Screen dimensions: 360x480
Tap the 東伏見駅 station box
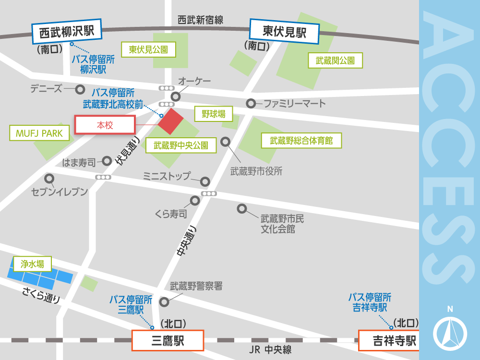click(x=285, y=32)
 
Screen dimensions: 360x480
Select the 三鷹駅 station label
click(x=168, y=341)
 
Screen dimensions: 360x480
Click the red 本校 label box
click(x=105, y=125)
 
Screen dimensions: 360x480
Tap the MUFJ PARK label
click(x=39, y=133)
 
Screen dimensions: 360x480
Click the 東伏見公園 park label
click(x=152, y=49)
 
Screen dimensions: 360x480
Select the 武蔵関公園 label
click(x=335, y=60)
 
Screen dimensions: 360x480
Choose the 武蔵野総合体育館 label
click(x=301, y=141)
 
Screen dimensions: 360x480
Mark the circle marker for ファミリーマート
click(x=251, y=103)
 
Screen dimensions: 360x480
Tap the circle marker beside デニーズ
click(x=81, y=89)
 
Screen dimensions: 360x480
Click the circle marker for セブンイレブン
click(x=48, y=177)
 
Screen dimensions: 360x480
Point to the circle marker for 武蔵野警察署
click(x=164, y=302)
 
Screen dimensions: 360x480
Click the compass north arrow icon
click(x=450, y=332)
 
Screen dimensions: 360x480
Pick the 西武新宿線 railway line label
click(x=200, y=20)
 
